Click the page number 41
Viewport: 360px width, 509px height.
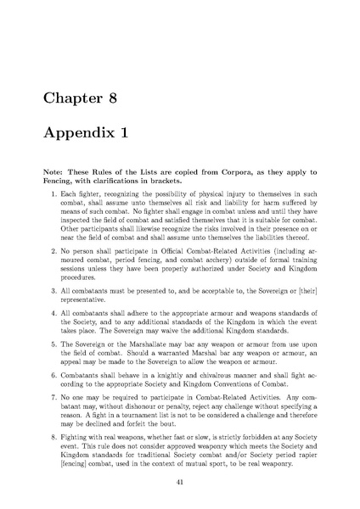[180, 479]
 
